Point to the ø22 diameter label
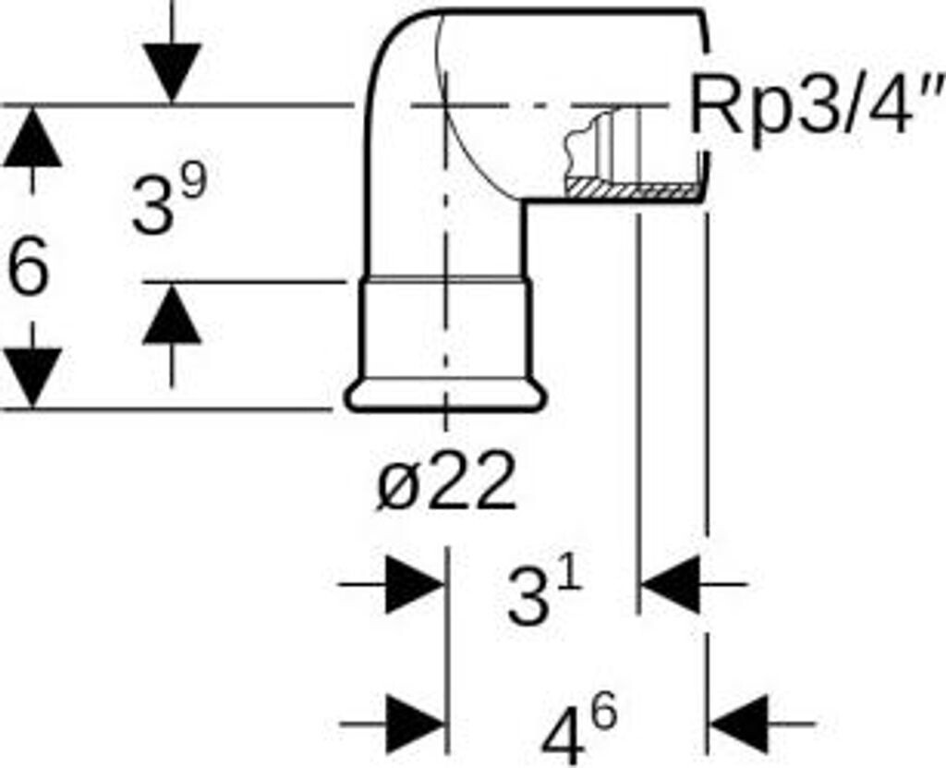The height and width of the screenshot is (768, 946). (x=445, y=484)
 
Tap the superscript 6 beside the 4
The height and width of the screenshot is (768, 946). (x=603, y=713)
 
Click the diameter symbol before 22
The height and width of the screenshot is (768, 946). (x=394, y=486)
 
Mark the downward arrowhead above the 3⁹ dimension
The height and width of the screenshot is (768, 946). (x=172, y=72)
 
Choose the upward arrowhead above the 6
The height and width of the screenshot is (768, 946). (x=32, y=139)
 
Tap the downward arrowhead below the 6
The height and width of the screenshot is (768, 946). (x=32, y=377)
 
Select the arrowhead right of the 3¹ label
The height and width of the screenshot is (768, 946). (x=671, y=584)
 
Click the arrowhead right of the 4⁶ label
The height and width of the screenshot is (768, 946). (x=740, y=723)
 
